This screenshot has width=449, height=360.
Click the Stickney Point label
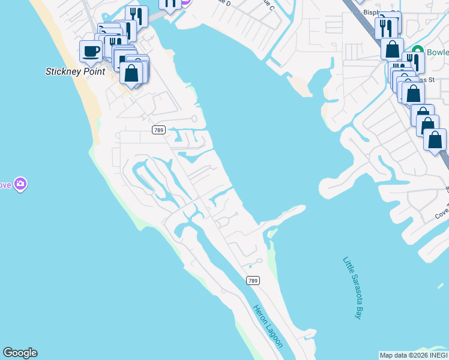click(x=76, y=71)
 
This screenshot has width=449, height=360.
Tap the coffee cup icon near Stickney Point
click(x=91, y=51)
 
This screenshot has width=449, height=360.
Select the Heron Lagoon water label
click(x=267, y=326)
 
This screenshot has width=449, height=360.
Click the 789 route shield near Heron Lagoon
click(x=253, y=280)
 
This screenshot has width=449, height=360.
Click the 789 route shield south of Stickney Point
click(x=158, y=130)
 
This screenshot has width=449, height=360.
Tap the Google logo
click(x=20, y=353)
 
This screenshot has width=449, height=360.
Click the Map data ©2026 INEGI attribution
click(x=414, y=355)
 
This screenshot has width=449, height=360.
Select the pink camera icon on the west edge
click(x=21, y=184)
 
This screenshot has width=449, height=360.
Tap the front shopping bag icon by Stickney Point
click(x=132, y=73)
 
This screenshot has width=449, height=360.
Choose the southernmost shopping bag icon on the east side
click(x=435, y=140)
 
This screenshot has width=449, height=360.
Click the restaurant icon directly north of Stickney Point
click(x=137, y=16)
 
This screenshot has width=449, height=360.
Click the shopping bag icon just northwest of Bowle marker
click(x=392, y=49)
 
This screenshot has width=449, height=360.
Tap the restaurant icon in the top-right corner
click(x=386, y=28)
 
